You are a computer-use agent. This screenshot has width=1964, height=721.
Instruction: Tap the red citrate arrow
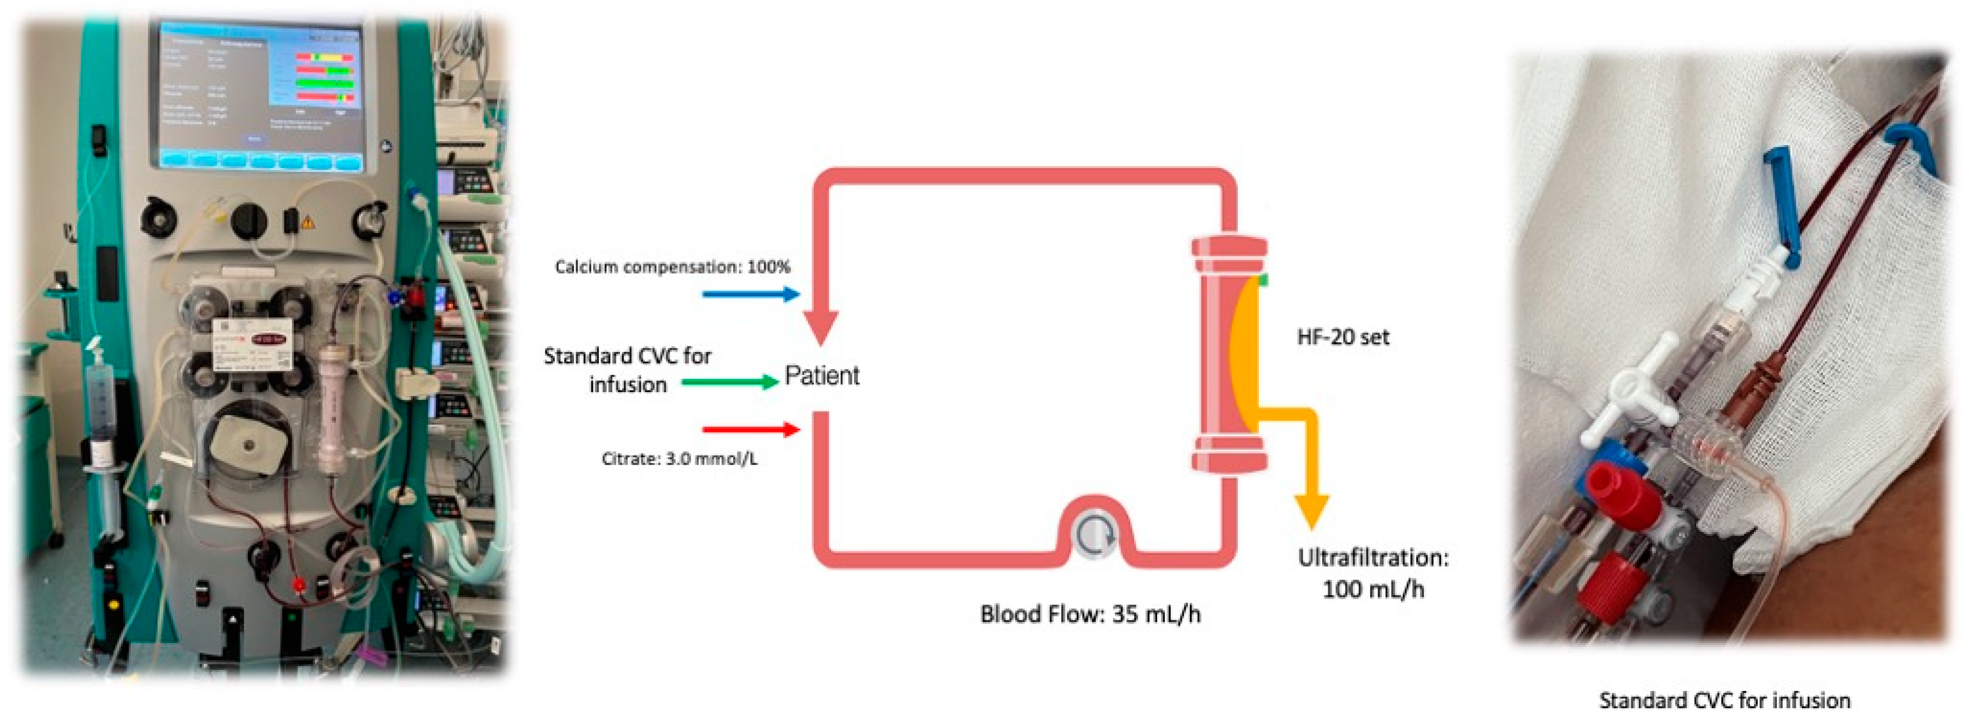[x=750, y=430]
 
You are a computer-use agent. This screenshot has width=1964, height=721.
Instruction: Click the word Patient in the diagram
[x=822, y=376]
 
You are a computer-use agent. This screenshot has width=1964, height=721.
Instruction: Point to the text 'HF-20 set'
[x=1343, y=337]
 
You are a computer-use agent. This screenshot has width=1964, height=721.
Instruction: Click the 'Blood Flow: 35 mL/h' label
[x=1089, y=614]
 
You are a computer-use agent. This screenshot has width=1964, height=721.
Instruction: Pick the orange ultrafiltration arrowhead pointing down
[x=1311, y=510]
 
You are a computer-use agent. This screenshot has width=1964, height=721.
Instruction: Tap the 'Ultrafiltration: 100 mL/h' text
[x=1372, y=573]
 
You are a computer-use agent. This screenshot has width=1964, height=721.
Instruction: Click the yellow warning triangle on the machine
[x=307, y=222]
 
